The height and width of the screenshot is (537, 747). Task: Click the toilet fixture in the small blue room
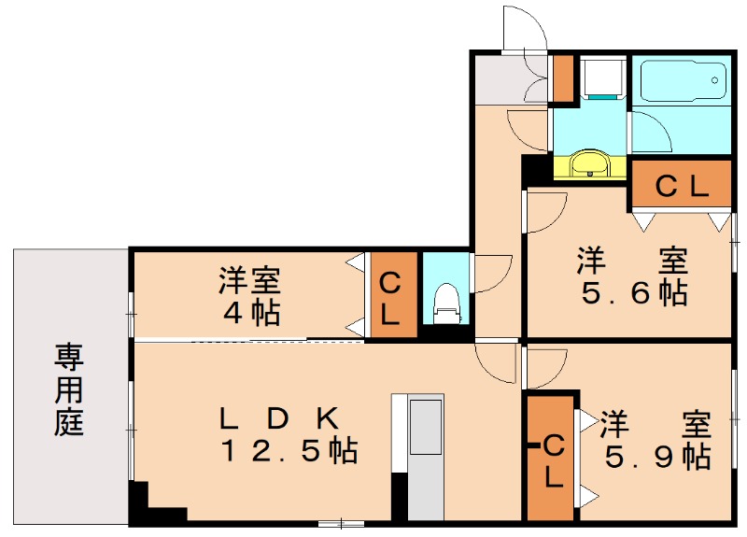pos(445,302)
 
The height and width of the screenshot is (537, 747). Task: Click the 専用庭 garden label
pos(68,389)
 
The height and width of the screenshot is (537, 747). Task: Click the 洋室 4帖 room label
pos(249,295)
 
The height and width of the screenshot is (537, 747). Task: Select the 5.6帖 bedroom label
pos(634,276)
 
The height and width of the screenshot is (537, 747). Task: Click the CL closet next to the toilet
pos(390,298)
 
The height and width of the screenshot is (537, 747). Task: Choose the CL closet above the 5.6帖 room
pos(680,186)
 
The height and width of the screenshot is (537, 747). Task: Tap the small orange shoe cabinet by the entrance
pos(563,78)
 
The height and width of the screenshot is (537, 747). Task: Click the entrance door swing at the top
pos(523,28)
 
